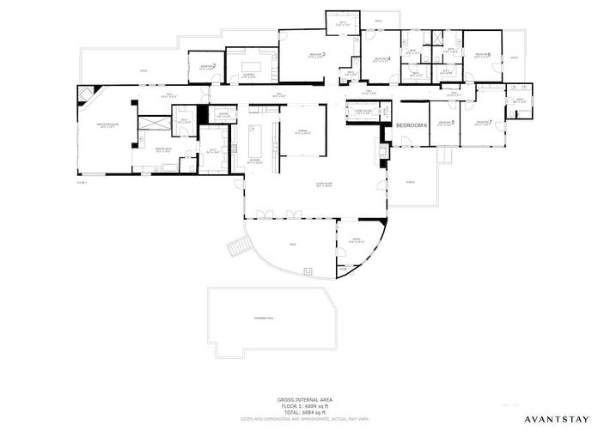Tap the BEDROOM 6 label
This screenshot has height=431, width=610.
[411, 125]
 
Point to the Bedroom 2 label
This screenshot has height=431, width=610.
[207, 66]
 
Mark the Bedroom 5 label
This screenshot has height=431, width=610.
[445, 123]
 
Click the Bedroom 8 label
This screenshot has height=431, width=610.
[482, 56]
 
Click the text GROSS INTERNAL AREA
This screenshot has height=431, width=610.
[305, 400]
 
